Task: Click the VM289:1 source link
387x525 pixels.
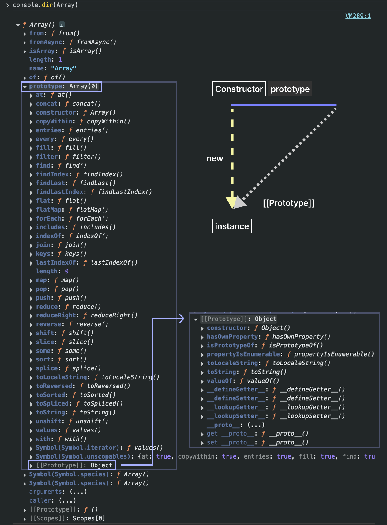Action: [x=358, y=16]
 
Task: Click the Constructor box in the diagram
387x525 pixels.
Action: [x=239, y=89]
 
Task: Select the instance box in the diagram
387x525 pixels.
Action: [x=232, y=226]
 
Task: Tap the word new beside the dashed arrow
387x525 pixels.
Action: [x=215, y=158]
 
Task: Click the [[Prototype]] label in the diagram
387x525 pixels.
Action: [x=288, y=203]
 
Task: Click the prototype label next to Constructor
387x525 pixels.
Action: [x=290, y=89]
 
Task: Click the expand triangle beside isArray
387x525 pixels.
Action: [x=25, y=51]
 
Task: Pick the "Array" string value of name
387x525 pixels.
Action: [x=64, y=68]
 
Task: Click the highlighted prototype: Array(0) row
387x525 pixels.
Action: [x=62, y=86]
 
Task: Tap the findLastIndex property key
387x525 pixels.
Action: [x=60, y=192]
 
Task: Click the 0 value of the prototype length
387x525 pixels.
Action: [x=67, y=271]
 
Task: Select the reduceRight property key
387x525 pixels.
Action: [x=55, y=315]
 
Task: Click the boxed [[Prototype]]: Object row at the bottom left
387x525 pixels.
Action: [x=72, y=465]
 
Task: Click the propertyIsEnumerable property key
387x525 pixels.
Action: [x=243, y=354]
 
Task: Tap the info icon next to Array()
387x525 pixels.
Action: [x=62, y=25]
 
